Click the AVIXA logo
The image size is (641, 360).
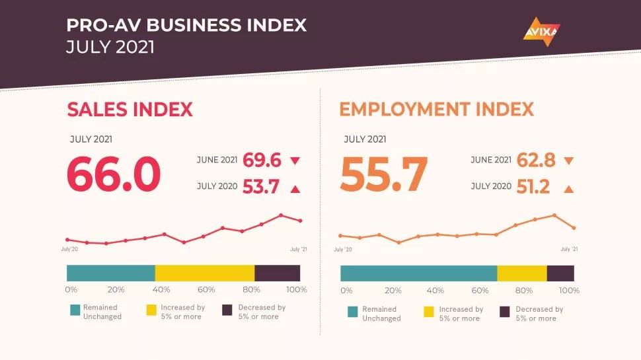[542, 32]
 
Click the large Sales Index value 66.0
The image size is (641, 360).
[114, 174]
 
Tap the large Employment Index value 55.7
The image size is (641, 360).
[384, 174]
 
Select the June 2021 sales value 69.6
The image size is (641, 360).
[262, 160]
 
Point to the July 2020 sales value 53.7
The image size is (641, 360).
[261, 187]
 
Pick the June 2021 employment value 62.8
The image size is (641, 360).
[536, 160]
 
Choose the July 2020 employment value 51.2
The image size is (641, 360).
[533, 187]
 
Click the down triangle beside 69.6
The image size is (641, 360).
[295, 161]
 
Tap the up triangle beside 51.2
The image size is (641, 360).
[569, 189]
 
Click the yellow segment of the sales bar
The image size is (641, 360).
[205, 273]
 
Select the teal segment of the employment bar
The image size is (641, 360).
[419, 273]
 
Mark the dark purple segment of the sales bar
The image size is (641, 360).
[277, 273]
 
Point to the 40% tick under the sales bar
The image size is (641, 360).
[161, 289]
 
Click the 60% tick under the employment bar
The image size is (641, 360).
[480, 290]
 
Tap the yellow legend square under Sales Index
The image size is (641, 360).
[151, 310]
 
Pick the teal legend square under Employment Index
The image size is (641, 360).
[352, 312]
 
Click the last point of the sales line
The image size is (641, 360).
[301, 221]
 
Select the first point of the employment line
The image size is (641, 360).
[340, 235]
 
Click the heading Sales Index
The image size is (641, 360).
[130, 110]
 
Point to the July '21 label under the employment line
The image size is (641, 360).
[569, 249]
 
